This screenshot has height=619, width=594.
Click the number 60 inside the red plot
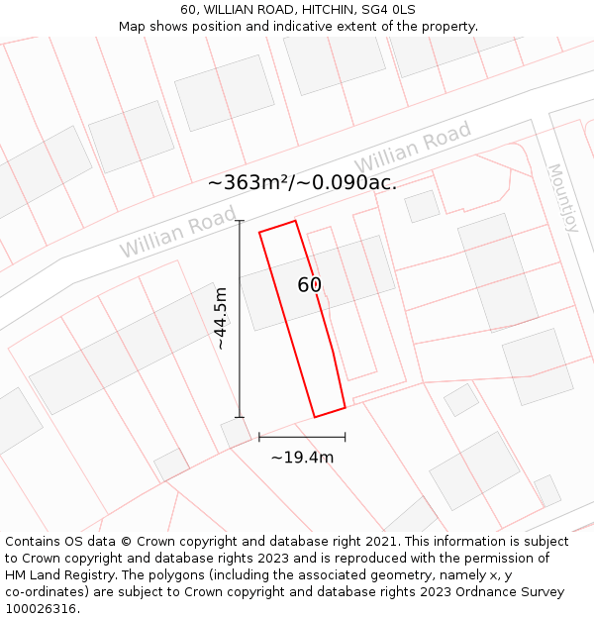point(310,285)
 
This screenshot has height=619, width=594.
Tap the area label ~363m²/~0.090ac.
point(302,182)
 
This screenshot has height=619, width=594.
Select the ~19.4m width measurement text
point(302,457)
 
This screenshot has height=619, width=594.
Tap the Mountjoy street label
point(561,198)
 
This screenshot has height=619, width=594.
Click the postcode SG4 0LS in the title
point(388,10)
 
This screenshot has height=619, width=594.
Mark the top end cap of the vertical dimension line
point(240,220)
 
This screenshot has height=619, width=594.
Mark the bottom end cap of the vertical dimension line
point(240,417)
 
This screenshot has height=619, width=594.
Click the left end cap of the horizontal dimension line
point(259,437)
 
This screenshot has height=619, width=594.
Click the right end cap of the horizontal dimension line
point(346,437)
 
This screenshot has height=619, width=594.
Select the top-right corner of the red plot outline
point(295,221)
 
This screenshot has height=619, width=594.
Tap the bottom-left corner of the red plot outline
point(315,417)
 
